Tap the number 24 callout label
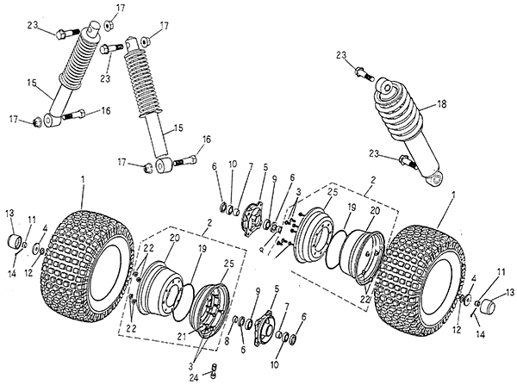[195, 376]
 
